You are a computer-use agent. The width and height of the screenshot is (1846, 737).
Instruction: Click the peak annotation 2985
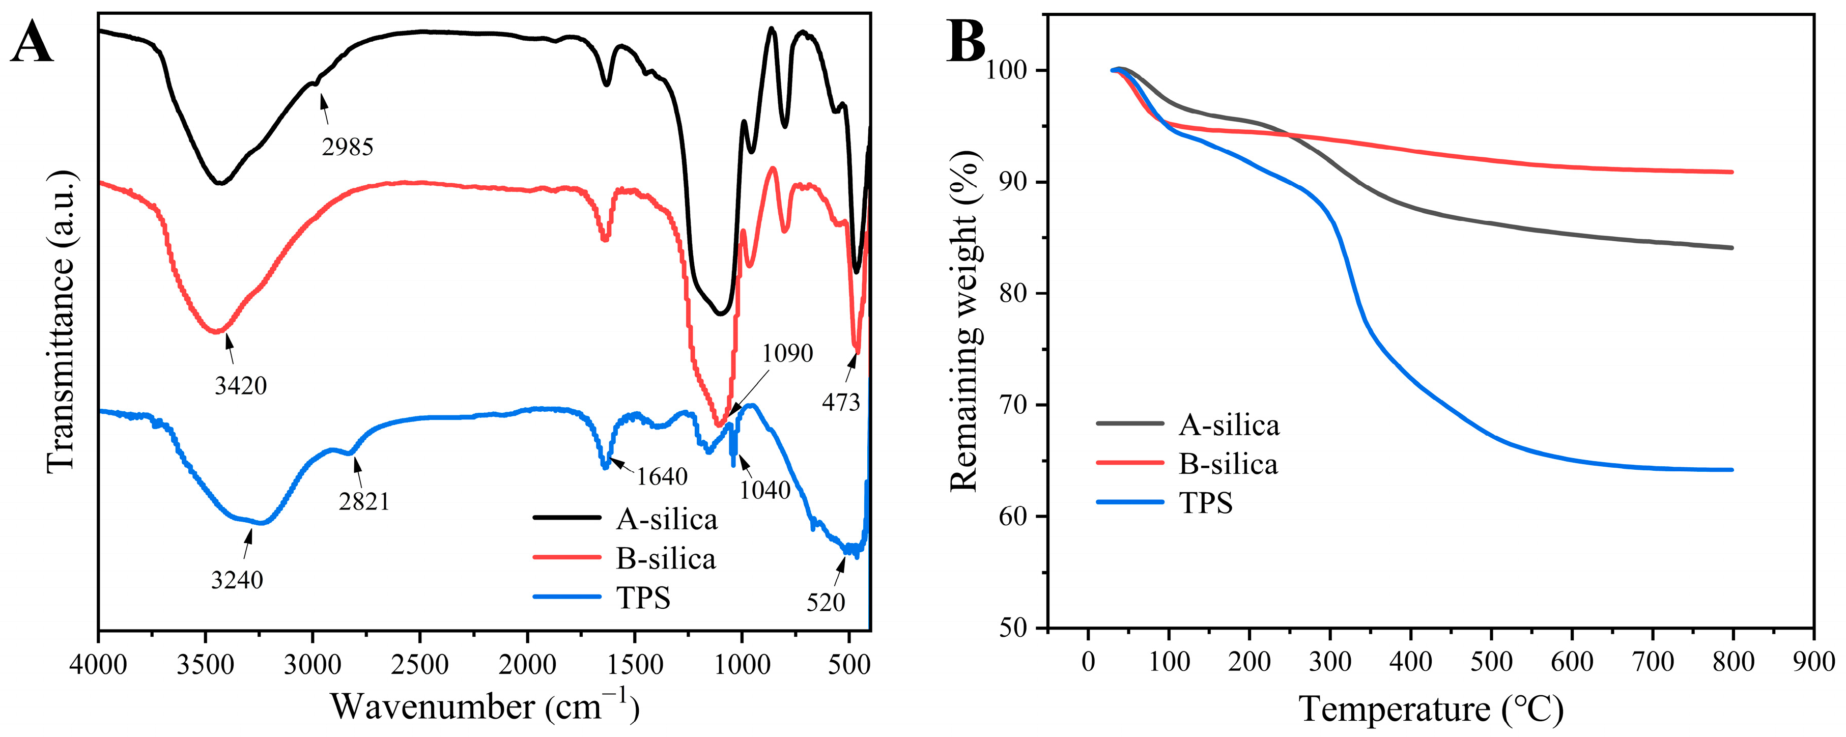[x=348, y=147]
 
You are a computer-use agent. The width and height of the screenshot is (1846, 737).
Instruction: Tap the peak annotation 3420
[x=241, y=386]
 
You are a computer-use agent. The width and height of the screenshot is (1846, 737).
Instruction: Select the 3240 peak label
[x=237, y=579]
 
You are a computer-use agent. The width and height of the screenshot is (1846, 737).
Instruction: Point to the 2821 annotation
[x=364, y=501]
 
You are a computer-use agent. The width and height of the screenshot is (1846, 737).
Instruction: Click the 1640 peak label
[x=662, y=477]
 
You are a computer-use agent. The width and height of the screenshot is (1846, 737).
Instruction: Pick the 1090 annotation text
[x=787, y=353]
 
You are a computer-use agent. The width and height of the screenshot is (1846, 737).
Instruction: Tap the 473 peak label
[x=841, y=403]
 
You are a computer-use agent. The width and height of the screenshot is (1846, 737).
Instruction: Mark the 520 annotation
[x=826, y=602]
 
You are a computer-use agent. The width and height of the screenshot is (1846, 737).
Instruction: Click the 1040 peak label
[x=764, y=490]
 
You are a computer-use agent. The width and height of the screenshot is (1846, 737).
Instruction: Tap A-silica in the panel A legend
[x=666, y=520]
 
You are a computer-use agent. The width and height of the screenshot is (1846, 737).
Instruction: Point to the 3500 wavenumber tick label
[x=205, y=665]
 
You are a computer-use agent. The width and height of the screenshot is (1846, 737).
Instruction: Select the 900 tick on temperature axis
[x=1813, y=661]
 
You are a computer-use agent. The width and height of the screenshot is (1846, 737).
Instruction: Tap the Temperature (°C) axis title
[x=1430, y=709]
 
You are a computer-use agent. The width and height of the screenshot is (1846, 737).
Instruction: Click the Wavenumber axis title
[x=485, y=706]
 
